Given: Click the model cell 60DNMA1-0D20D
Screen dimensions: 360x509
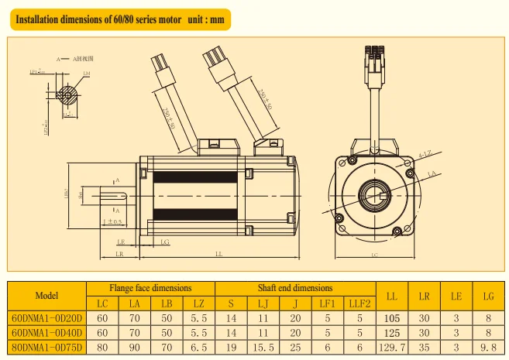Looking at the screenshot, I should click(x=46, y=317).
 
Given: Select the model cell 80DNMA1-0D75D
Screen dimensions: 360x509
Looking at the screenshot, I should click(x=46, y=346).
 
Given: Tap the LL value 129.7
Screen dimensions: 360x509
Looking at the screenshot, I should click(x=392, y=346).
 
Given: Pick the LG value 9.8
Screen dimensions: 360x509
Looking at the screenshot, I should click(x=488, y=346).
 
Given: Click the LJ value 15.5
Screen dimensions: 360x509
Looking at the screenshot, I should click(x=263, y=346).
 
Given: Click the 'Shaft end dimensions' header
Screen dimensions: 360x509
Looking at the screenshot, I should click(x=294, y=288).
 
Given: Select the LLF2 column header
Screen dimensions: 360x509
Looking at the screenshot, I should click(x=359, y=303).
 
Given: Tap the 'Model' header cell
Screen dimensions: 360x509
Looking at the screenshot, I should click(x=46, y=295).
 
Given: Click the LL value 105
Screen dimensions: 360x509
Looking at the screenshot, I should click(x=392, y=317).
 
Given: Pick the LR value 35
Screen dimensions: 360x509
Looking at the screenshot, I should click(x=425, y=346).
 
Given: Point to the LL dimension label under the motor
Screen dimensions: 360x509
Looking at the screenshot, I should click(x=219, y=253).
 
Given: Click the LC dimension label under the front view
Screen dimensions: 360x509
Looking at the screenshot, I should click(x=375, y=253).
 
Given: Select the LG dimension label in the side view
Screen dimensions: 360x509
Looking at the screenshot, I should click(x=165, y=242).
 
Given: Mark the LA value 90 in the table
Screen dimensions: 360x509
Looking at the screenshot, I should click(x=134, y=346).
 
